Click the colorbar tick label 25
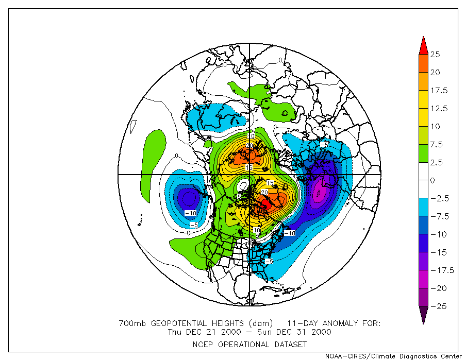click(435, 55)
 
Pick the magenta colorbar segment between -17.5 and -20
click(423, 279)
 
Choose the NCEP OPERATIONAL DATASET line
click(251, 344)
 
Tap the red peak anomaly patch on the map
click(264, 205)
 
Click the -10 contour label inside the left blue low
click(190, 213)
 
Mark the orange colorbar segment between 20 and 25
click(423, 63)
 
